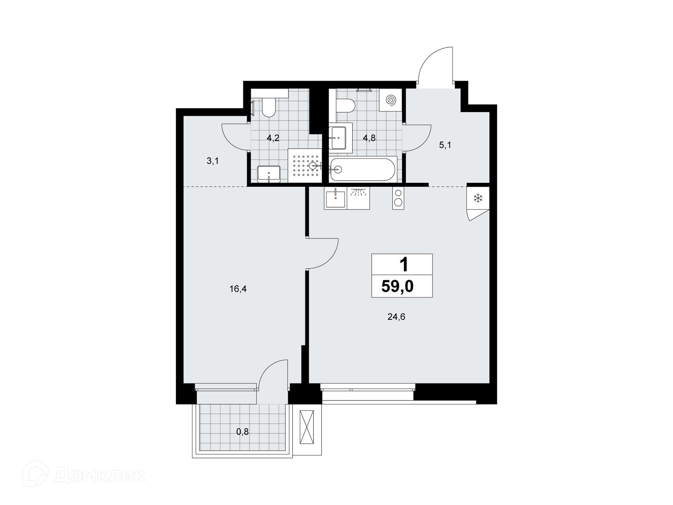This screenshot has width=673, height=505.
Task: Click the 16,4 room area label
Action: coord(238,289)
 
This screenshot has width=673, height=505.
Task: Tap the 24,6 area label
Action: coord(396,317)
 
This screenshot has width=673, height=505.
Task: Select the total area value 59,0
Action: coord(397,287)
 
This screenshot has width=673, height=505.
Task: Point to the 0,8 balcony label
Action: coord(242,432)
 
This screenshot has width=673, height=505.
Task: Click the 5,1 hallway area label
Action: coord(445,145)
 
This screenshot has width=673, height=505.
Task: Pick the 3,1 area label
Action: coord(213,161)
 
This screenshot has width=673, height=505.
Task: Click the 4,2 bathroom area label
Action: coord(273,138)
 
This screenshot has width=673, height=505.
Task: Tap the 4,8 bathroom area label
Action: coord(369,138)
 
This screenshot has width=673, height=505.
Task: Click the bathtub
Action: coord(363,169)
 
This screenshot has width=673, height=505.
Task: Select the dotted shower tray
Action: coord(305,166)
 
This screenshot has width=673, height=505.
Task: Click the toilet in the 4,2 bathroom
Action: coord(269,107)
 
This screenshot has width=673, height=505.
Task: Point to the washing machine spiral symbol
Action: coord(391,100)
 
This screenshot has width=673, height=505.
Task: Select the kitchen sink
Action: coord(336,198)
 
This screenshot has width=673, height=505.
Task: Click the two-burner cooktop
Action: coord(398,198)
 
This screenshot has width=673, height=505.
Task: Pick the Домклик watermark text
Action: coord(100,476)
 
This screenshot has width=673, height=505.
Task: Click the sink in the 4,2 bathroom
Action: coord(269,174)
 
